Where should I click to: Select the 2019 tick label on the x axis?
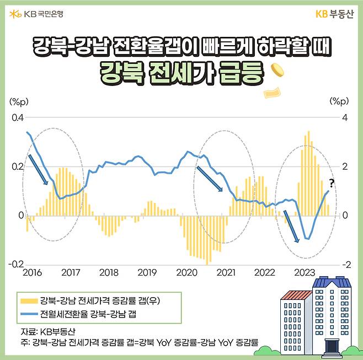point(147,272)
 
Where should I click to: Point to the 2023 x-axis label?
point(305,272)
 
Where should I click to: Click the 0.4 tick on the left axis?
point(18,118)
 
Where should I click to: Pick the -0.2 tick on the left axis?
point(17,264)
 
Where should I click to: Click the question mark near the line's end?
point(332,183)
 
